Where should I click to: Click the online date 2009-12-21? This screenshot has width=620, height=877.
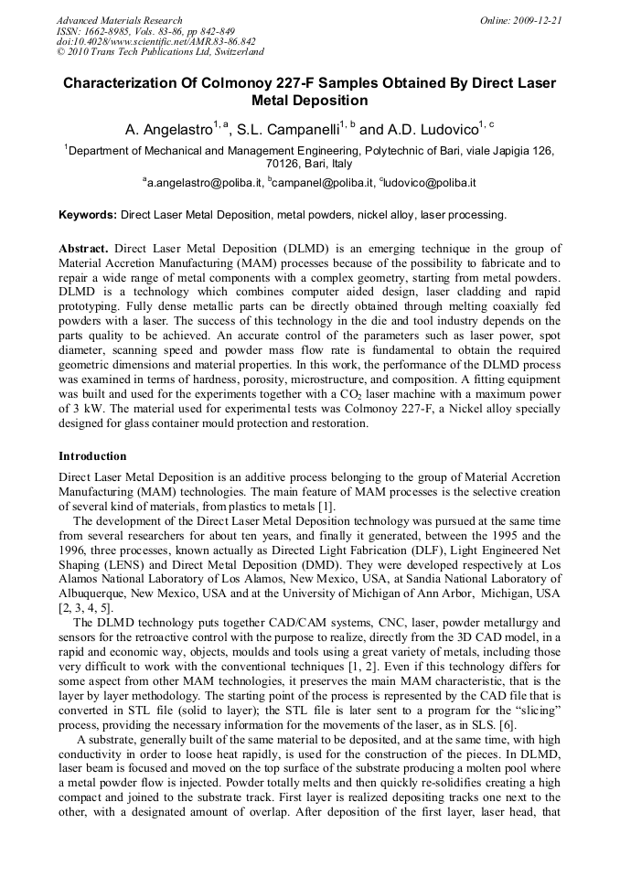(x=536, y=20)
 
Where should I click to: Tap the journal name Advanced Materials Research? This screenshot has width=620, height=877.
(x=119, y=20)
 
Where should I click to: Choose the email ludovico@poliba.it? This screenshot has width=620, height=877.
(x=429, y=183)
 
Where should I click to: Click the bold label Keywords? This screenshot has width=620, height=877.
(x=88, y=215)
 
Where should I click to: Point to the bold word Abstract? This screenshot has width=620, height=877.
(x=83, y=249)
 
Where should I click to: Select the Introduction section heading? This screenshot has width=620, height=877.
(x=92, y=455)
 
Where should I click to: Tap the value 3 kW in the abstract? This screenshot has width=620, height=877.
(x=73, y=410)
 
